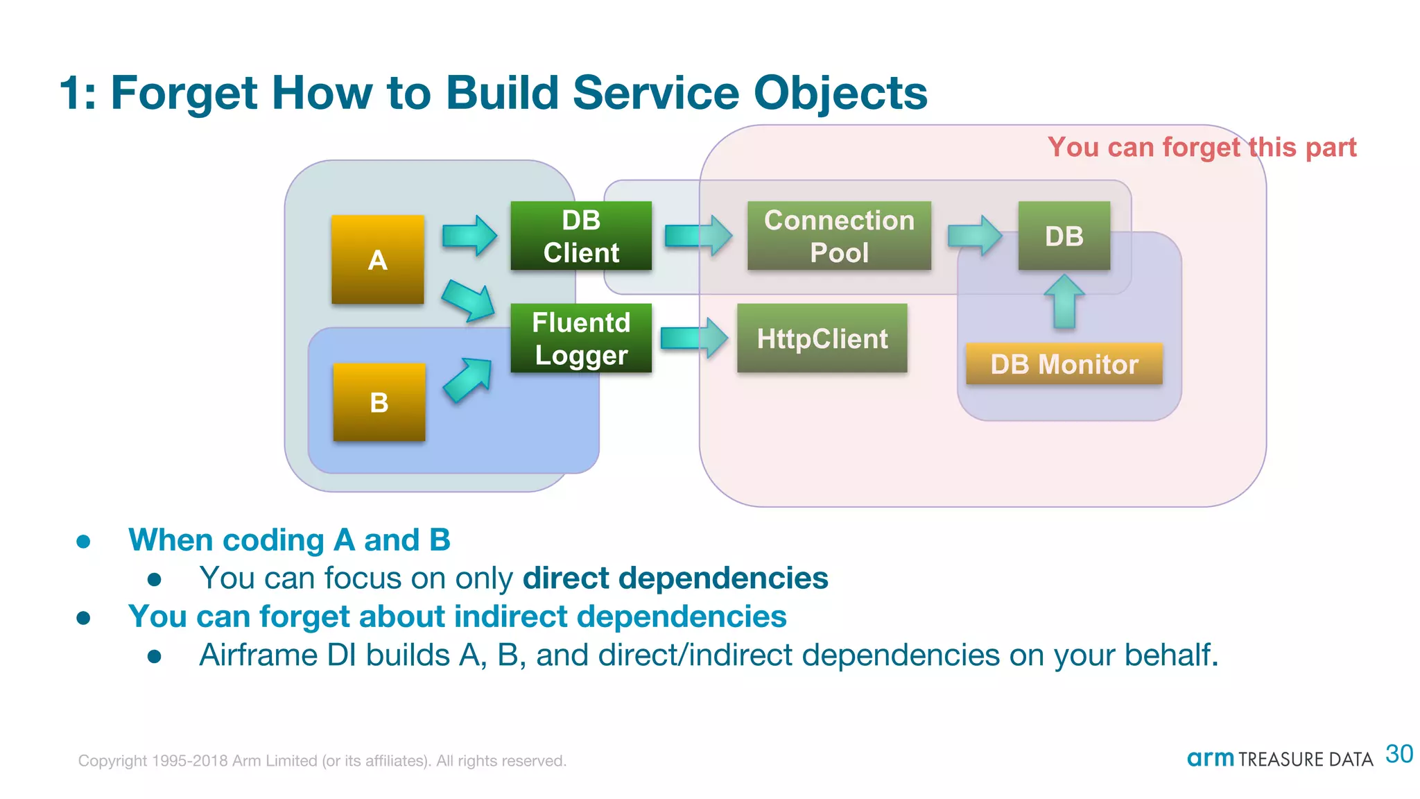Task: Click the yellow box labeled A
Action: pyautogui.click(x=377, y=259)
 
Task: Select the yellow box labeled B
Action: pyautogui.click(x=379, y=402)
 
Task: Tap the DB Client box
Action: pyautogui.click(x=581, y=236)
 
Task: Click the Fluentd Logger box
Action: pyautogui.click(x=581, y=338)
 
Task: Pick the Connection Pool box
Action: pyautogui.click(x=839, y=236)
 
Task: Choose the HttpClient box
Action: pyautogui.click(x=822, y=338)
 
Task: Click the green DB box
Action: pyautogui.click(x=1064, y=236)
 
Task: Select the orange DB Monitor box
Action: pyautogui.click(x=1064, y=364)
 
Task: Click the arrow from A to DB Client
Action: pyautogui.click(x=469, y=236)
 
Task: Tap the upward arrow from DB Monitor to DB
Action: pyautogui.click(x=1064, y=302)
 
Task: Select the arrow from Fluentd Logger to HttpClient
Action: pyautogui.click(x=694, y=338)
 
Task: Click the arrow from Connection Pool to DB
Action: pyautogui.click(x=974, y=236)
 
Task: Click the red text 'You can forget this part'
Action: pyautogui.click(x=1202, y=147)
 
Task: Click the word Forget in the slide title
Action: pyautogui.click(x=184, y=93)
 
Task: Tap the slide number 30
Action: pyautogui.click(x=1399, y=754)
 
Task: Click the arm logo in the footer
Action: pyautogui.click(x=1210, y=758)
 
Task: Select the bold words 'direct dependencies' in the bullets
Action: pyautogui.click(x=675, y=578)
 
